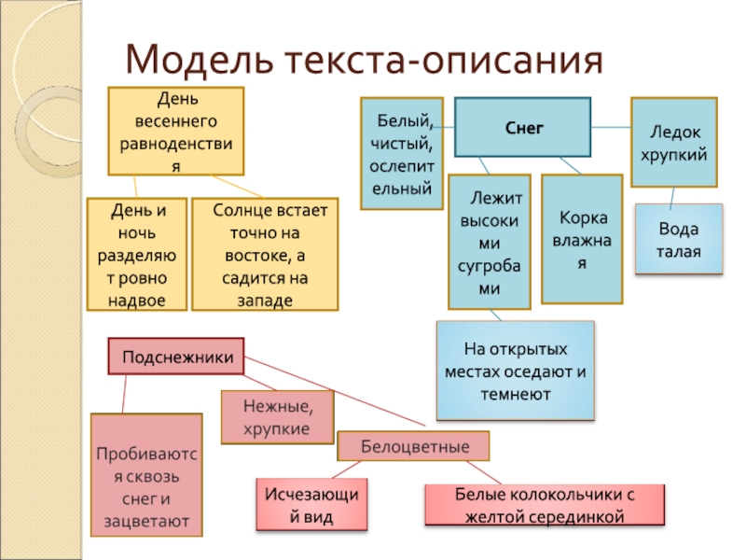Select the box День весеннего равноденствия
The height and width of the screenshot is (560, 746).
click(x=176, y=132)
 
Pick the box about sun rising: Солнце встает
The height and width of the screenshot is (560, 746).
click(x=266, y=254)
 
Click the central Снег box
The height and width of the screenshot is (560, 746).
click(x=523, y=126)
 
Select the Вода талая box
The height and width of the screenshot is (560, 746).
click(x=678, y=239)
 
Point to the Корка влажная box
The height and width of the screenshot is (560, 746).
click(x=583, y=240)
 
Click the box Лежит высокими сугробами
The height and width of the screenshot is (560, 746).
click(x=490, y=242)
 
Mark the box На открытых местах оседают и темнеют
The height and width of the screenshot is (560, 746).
click(x=516, y=371)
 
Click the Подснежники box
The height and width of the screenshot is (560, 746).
click(x=177, y=357)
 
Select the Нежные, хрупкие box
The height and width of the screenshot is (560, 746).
click(x=277, y=416)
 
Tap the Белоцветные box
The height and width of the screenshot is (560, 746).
click(x=413, y=446)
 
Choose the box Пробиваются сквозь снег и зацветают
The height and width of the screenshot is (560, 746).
click(x=146, y=475)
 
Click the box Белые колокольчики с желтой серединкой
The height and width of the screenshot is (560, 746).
click(x=546, y=504)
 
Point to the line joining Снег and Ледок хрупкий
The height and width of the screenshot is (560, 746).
click(x=612, y=127)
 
